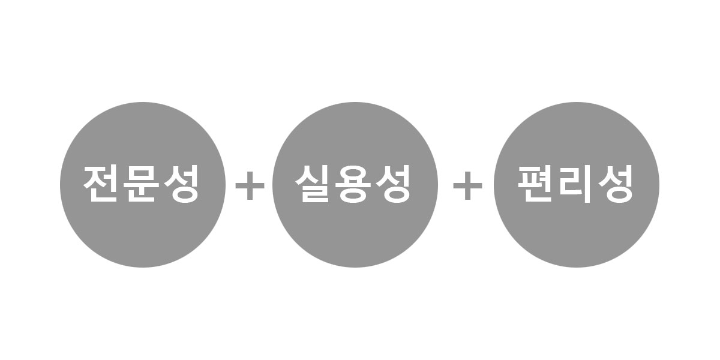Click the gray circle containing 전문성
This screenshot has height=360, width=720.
click(x=143, y=185)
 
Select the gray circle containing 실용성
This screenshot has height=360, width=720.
click(x=355, y=185)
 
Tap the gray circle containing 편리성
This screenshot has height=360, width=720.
click(x=577, y=185)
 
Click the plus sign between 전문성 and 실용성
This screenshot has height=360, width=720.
click(x=250, y=185)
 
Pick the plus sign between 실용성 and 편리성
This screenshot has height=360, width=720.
click(x=467, y=185)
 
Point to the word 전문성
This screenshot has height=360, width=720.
click(x=141, y=184)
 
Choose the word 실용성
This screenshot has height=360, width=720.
click(x=353, y=184)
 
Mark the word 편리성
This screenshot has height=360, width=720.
click(x=575, y=184)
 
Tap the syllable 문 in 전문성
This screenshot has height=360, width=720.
click(x=141, y=184)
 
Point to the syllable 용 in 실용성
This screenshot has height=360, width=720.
click(x=353, y=184)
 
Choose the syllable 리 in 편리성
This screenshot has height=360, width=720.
click(x=575, y=184)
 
